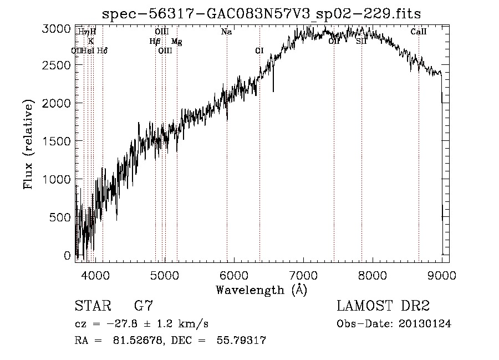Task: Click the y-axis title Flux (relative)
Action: pyautogui.click(x=28, y=145)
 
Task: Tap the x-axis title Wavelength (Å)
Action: pyautogui.click(x=261, y=290)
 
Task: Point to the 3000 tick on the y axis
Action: pyautogui.click(x=57, y=28)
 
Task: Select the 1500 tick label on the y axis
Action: pyautogui.click(x=57, y=141)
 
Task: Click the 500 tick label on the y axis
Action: pyautogui.click(x=60, y=217)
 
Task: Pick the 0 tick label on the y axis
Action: pyautogui.click(x=68, y=256)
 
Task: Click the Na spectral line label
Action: pyautogui.click(x=226, y=32)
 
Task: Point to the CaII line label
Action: pyautogui.click(x=419, y=32)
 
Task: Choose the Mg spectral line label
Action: pyautogui.click(x=176, y=42)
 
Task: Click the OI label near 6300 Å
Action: pyautogui.click(x=259, y=51)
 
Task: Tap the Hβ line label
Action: pyautogui.click(x=155, y=42)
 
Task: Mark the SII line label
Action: pyautogui.click(x=361, y=42)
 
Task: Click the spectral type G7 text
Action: pyautogui.click(x=144, y=306)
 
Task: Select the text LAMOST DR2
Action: pyautogui.click(x=383, y=306)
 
